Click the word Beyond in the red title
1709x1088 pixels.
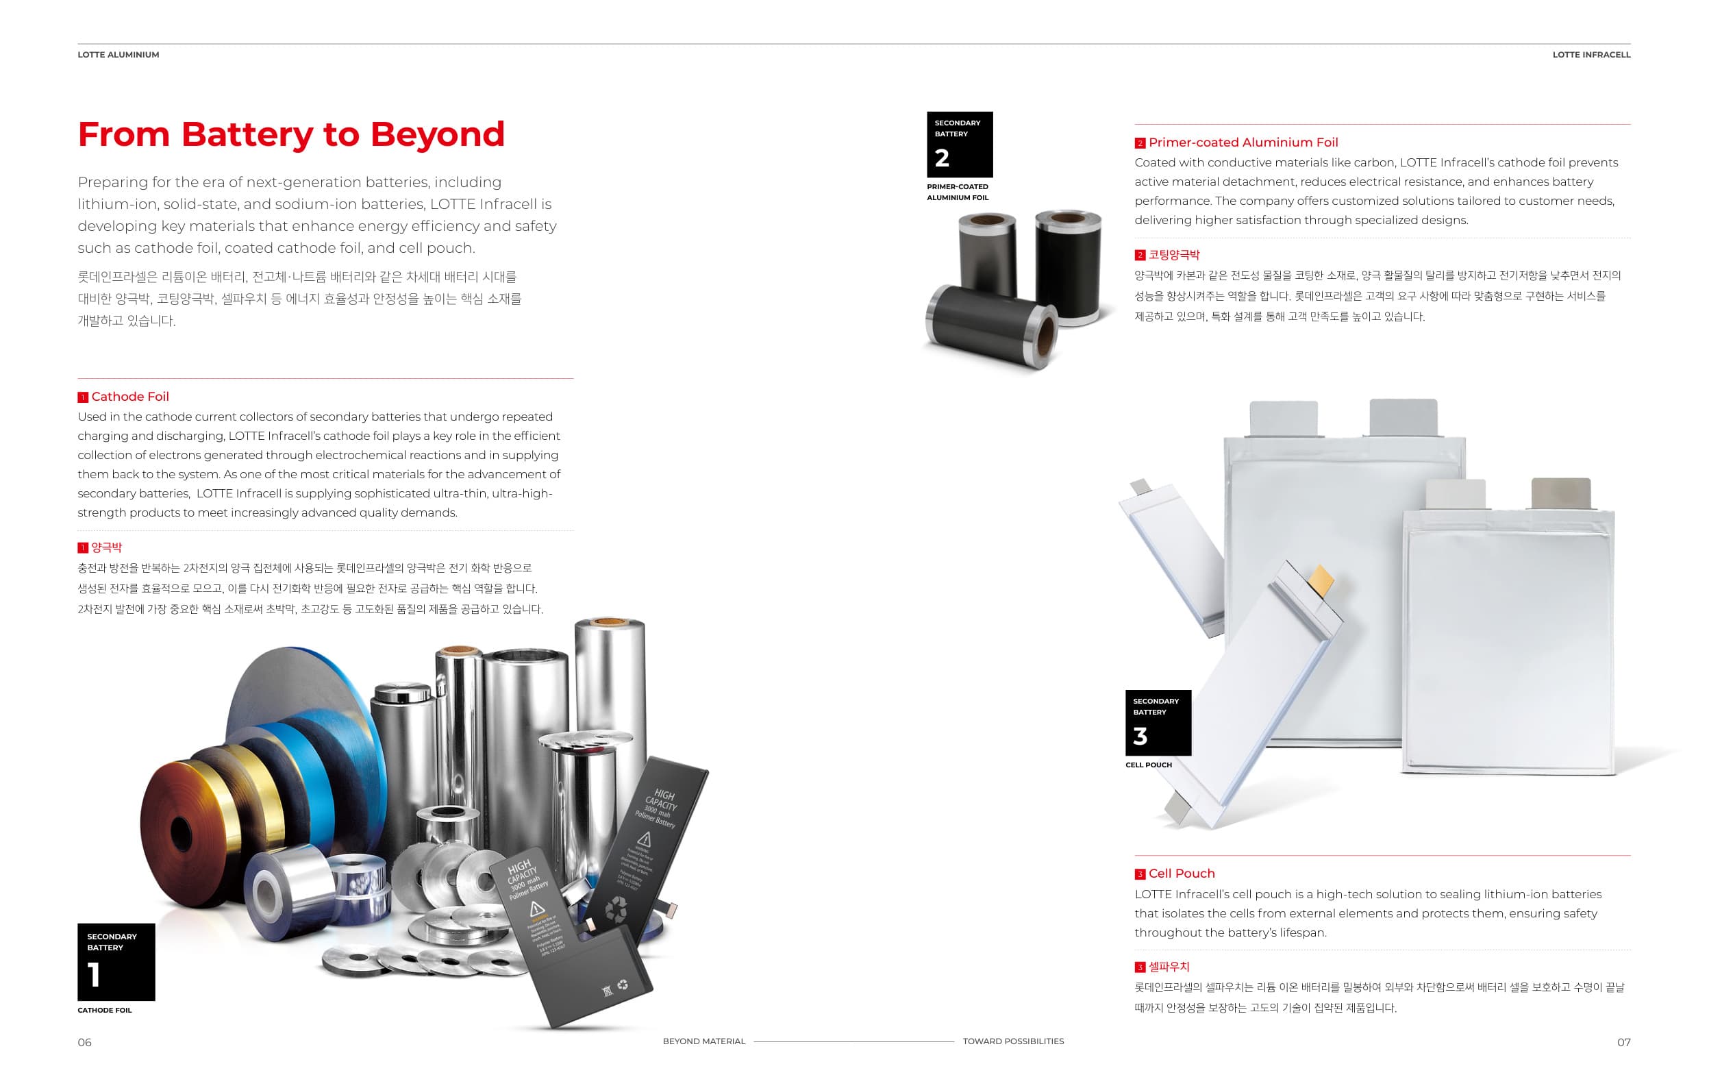[437, 134]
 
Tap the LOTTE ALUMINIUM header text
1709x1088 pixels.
[118, 55]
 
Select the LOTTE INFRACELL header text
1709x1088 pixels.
[1591, 55]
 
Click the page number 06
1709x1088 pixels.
[84, 1042]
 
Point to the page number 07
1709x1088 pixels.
[1624, 1042]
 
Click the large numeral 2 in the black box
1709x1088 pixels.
[942, 158]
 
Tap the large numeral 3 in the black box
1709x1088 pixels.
[1140, 736]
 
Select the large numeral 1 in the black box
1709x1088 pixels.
[94, 974]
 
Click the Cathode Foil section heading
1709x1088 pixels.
[130, 397]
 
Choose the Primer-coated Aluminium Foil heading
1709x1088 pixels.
[1243, 143]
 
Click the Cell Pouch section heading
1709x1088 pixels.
[1181, 874]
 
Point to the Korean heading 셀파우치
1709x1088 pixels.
[1169, 967]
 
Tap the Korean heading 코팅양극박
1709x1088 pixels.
[1174, 255]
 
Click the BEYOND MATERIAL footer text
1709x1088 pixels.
[704, 1041]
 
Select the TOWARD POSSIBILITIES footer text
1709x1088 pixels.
[1013, 1041]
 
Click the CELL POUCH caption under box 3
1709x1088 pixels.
[1148, 765]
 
